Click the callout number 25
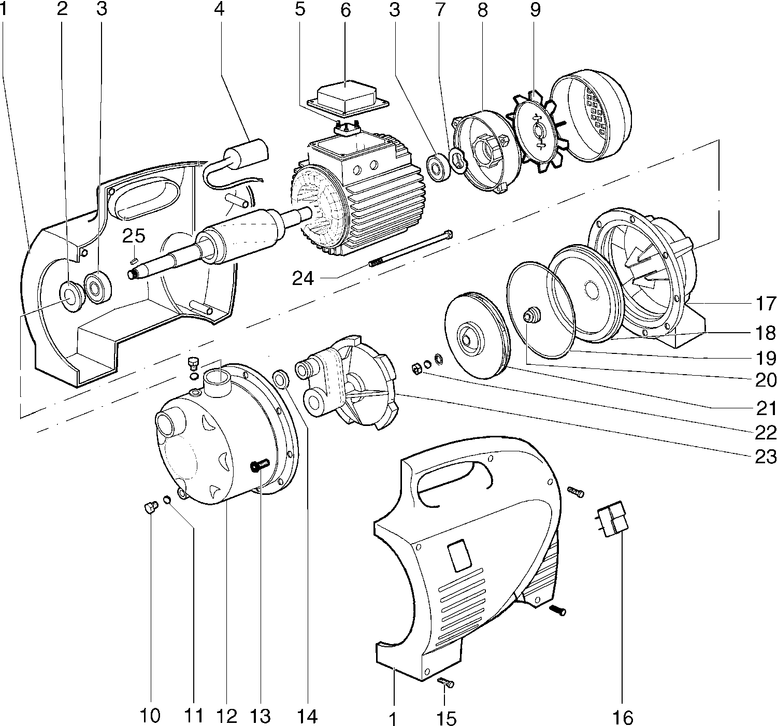point(134,236)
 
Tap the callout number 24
point(303,278)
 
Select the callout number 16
point(623,717)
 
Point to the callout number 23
point(765,456)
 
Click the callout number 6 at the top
point(346,10)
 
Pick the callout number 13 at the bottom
point(260,716)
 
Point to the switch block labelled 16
point(613,519)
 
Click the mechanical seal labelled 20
point(531,314)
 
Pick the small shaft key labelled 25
point(134,260)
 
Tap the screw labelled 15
point(445,682)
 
